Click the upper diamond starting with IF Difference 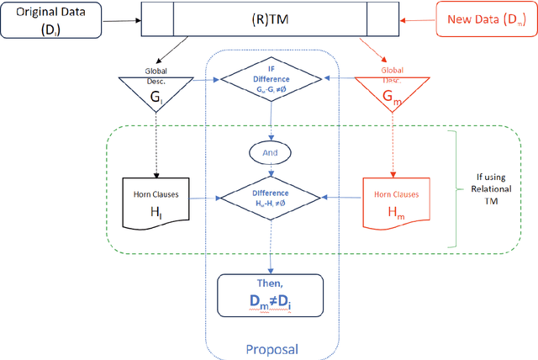tap(271, 79)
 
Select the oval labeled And tap(271, 154)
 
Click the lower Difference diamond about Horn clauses tap(271, 198)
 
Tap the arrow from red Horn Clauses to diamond tap(342, 198)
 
